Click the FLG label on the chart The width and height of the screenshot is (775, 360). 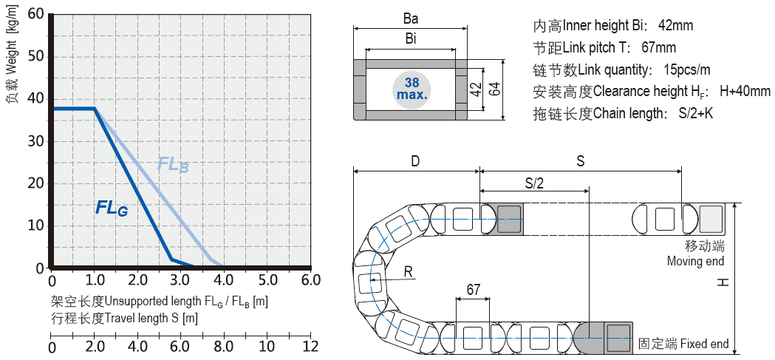coord(112,209)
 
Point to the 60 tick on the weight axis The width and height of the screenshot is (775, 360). coord(35,15)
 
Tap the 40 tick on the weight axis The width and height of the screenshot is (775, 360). coord(35,99)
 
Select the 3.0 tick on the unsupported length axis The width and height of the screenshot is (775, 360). coord(180,281)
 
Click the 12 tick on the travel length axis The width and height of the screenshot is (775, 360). coord(310,347)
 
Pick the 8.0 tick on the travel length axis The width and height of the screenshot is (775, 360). coord(224,347)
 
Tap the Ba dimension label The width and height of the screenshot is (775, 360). coord(411,19)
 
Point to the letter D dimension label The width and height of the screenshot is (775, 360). coord(416,160)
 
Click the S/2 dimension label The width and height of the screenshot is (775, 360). coord(534,183)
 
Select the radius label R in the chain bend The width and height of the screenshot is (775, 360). coord(408,272)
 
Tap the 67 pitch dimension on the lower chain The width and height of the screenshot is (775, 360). coord(474,289)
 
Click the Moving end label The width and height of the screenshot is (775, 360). coord(695,261)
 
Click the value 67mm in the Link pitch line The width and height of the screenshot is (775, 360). coord(659,48)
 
